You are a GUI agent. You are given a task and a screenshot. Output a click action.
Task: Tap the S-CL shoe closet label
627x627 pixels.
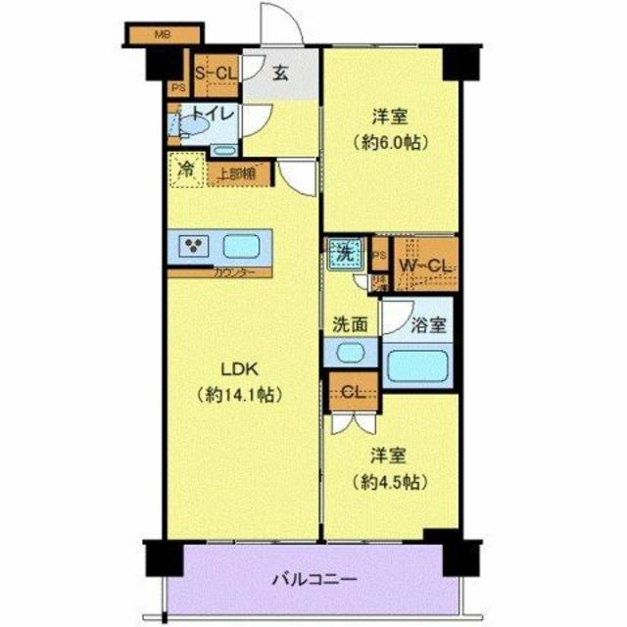point(215,72)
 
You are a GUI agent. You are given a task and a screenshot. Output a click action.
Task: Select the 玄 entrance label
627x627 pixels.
point(280,72)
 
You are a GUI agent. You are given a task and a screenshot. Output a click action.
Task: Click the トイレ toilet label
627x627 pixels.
point(213,114)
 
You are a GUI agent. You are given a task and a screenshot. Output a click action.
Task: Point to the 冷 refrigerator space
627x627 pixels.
point(185,169)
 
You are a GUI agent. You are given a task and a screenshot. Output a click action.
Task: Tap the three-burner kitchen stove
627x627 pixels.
point(192,246)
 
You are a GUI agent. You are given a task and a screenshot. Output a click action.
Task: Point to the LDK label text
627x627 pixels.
point(238,369)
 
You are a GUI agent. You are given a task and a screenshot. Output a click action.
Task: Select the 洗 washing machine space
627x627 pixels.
point(344,253)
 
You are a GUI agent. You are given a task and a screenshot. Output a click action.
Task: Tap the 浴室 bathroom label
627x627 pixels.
point(428,321)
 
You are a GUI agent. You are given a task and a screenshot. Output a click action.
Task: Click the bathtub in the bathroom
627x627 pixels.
point(418,365)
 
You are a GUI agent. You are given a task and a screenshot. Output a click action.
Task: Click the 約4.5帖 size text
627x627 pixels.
point(389,482)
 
